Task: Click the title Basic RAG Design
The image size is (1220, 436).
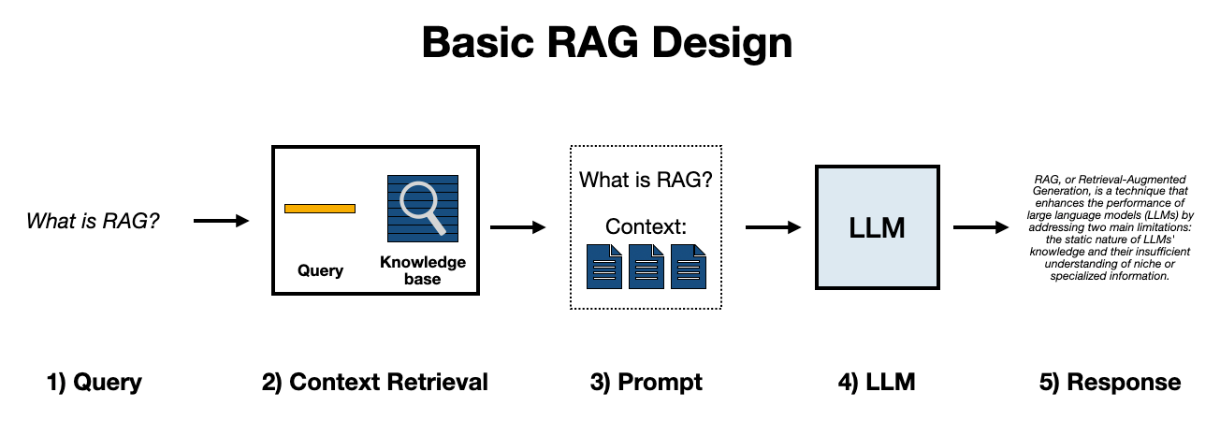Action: coord(607,43)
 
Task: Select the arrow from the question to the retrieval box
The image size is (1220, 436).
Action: coord(221,222)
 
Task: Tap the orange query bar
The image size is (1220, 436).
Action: coord(320,208)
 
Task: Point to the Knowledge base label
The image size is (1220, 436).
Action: coord(423,270)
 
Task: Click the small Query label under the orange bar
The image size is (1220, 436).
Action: coord(320,270)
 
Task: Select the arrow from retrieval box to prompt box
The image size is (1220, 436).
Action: coord(517,226)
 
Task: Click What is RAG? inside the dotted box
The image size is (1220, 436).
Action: coord(646,179)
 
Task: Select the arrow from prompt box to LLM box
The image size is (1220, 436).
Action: coord(773,226)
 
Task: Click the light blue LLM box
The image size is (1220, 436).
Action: coord(877,227)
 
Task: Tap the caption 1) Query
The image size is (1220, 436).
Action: coord(94,382)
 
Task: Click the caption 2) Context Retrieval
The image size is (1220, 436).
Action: coord(375,382)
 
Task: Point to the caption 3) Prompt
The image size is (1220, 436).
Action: coord(646,382)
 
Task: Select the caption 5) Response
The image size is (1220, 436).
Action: coord(1110,382)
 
